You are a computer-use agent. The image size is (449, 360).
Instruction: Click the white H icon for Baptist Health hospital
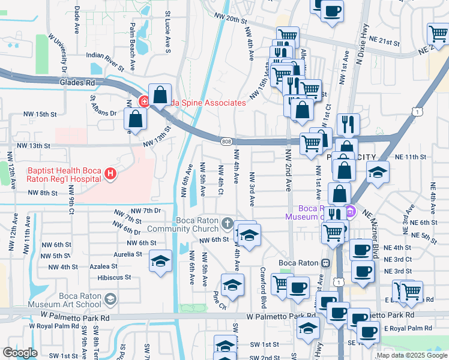110,174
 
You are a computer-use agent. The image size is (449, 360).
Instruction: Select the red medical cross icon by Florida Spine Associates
143,102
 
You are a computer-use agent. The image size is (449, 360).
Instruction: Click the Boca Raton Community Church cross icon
227,224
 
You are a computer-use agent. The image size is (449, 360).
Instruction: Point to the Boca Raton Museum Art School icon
109,299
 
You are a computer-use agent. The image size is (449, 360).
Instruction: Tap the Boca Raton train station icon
325,263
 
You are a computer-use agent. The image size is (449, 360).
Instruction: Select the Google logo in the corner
20,353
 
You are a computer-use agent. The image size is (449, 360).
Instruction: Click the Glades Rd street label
78,82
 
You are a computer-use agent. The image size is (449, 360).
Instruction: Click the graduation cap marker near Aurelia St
160,262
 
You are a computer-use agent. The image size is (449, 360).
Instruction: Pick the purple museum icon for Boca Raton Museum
351,211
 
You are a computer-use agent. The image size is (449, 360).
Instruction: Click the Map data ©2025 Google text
412,355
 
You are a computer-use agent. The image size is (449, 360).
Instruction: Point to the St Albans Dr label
104,106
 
